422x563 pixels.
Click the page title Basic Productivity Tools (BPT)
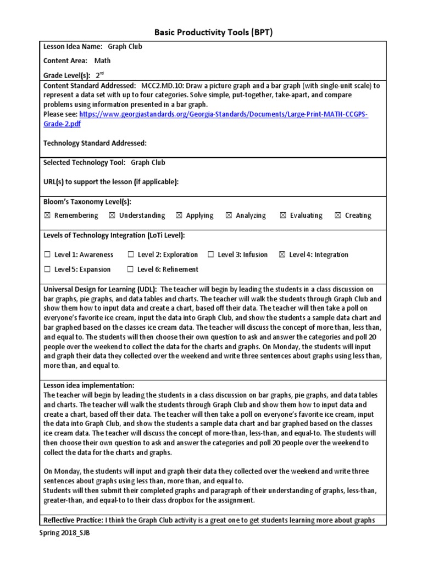[210, 32]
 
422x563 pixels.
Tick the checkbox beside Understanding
[112, 216]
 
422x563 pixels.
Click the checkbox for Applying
[179, 216]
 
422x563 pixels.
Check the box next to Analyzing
[229, 216]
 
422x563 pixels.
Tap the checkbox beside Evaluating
[283, 216]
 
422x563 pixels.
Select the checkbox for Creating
[337, 216]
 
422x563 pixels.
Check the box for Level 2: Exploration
[131, 255]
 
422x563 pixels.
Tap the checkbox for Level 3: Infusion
[211, 255]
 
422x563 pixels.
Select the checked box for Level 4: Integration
[282, 255]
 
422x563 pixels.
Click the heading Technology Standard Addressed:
[95, 143]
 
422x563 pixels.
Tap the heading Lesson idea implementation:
[88, 385]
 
